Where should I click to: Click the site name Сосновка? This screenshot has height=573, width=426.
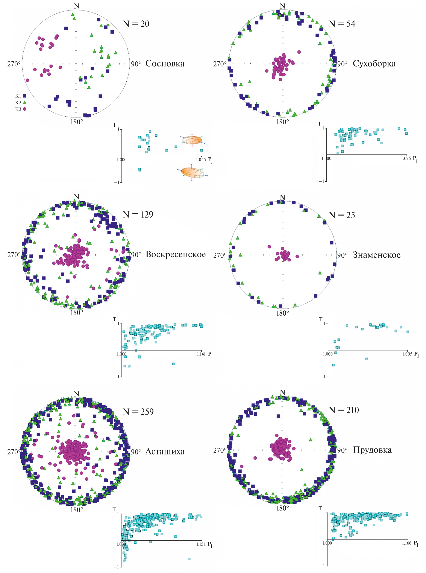pos(165,64)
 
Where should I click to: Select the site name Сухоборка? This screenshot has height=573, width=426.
pos(374,64)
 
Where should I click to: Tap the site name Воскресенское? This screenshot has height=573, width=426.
pos(176,254)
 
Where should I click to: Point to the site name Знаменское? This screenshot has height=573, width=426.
pos(376,255)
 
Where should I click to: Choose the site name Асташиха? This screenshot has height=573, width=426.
pos(165,451)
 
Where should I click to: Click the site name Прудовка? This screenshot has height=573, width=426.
pos(372,450)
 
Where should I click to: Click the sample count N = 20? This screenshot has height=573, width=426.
pos(136,24)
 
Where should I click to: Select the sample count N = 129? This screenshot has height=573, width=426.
pos(138,214)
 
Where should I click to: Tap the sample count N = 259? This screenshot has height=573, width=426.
pos(138,412)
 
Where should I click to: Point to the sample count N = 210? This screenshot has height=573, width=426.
pos(344,410)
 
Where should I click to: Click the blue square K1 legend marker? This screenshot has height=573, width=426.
pos(24,96)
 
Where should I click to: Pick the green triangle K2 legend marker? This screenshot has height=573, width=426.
pos(24,102)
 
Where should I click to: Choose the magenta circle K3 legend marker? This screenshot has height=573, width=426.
pos(24,109)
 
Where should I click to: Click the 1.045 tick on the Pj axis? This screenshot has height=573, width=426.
pos(201,160)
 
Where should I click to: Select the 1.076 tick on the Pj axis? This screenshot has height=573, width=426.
pos(406,158)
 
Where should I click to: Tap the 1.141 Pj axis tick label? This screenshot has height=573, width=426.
pos(201,354)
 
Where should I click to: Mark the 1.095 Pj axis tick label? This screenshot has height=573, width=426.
pos(407,354)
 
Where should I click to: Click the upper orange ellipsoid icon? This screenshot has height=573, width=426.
pos(192,140)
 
